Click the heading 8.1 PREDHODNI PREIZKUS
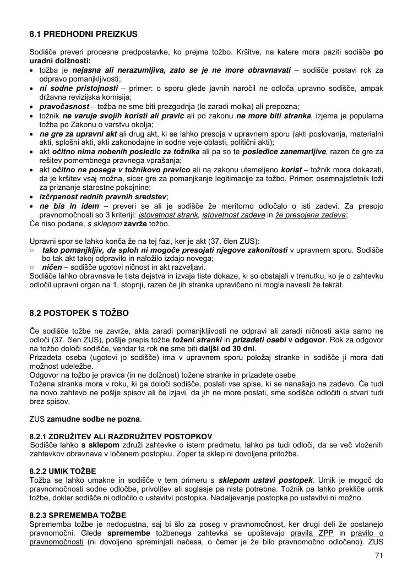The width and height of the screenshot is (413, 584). [83, 34]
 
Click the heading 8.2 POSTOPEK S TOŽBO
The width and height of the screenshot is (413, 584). [79, 313]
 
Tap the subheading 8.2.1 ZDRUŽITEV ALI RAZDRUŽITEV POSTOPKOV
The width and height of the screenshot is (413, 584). [121, 436]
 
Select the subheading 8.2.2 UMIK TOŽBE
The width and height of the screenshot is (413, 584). [63, 472]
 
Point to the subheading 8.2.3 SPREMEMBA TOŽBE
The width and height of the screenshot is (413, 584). [78, 515]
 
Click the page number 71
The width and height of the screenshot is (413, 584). [378, 555]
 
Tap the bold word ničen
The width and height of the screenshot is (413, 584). [52, 267]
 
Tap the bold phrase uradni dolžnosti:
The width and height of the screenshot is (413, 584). [60, 61]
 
